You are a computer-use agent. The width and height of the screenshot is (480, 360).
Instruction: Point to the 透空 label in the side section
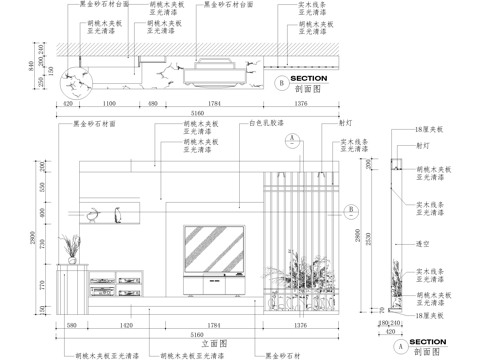click(422, 243)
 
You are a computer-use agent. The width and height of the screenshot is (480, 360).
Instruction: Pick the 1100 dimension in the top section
click(110, 103)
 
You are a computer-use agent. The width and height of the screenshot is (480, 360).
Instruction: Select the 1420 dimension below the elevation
click(128, 326)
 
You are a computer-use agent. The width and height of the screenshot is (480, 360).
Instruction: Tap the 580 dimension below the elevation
click(72, 326)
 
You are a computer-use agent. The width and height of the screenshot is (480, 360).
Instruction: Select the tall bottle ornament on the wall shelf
click(117, 213)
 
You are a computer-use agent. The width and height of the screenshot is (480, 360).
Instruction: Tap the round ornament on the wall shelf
click(93, 213)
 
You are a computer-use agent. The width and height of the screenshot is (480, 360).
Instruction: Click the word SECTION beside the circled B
click(307, 78)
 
